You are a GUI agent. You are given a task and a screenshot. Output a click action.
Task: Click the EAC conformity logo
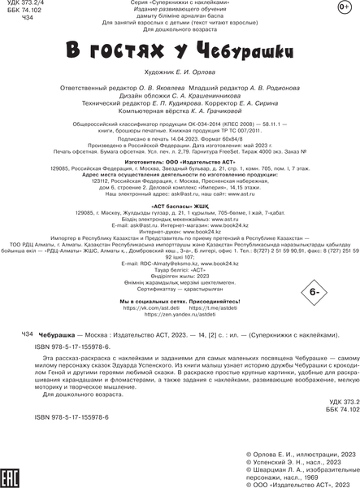pyautogui.click(x=13, y=464)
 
